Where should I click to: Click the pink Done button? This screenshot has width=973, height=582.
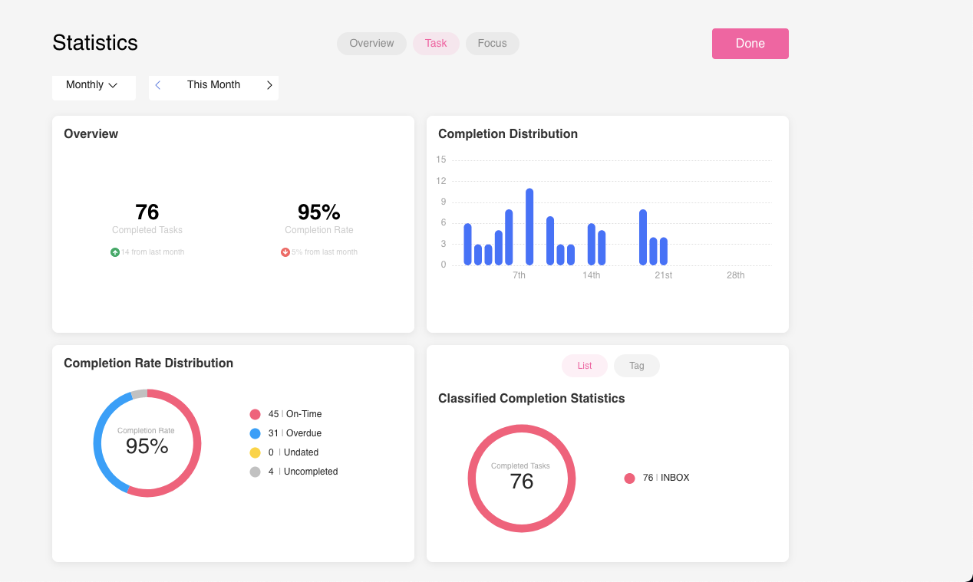coord(750,44)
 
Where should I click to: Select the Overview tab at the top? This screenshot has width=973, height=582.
coord(371,44)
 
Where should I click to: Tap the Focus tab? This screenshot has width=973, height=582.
coord(492,44)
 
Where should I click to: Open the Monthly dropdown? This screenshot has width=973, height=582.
coord(92,85)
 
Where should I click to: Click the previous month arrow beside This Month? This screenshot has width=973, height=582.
coord(158,85)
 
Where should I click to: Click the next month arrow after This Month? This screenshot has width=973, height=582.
coord(269,85)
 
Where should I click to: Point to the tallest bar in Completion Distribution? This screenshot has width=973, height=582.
coord(529,226)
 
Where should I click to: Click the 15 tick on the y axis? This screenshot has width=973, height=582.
coord(441,160)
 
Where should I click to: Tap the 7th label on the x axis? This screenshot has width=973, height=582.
coord(519,275)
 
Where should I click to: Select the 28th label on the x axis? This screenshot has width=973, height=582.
coord(735,275)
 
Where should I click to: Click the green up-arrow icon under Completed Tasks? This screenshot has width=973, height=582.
coord(115,252)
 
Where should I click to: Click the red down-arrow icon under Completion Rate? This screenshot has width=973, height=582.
coord(285,252)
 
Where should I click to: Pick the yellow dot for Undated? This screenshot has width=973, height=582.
coord(256,453)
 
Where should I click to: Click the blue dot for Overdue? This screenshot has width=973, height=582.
coord(256,434)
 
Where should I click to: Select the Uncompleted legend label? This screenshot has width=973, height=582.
coord(311,472)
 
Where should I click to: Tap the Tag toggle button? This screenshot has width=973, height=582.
coord(636,366)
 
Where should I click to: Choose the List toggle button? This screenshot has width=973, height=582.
coord(585,366)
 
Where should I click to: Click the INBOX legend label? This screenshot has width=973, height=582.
coord(675,478)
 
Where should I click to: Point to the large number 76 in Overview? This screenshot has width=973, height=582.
coord(147,212)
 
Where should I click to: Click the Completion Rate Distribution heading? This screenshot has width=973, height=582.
coord(148,363)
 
